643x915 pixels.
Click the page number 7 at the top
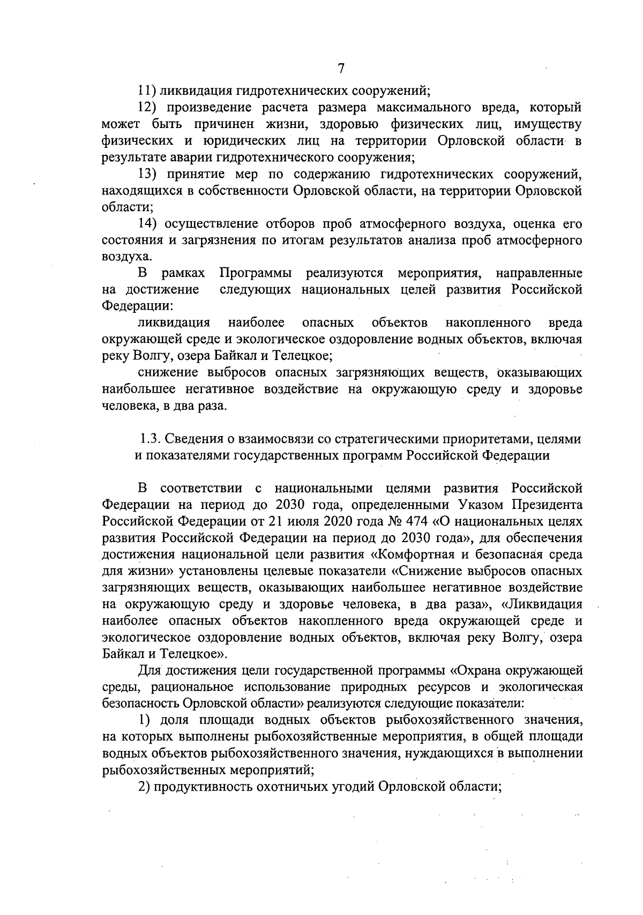coord(341,69)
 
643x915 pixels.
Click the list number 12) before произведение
coord(147,108)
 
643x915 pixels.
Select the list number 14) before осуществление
coord(147,223)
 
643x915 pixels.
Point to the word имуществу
coord(548,125)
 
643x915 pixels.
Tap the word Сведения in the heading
coord(188,439)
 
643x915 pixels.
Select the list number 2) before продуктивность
coord(144,787)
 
